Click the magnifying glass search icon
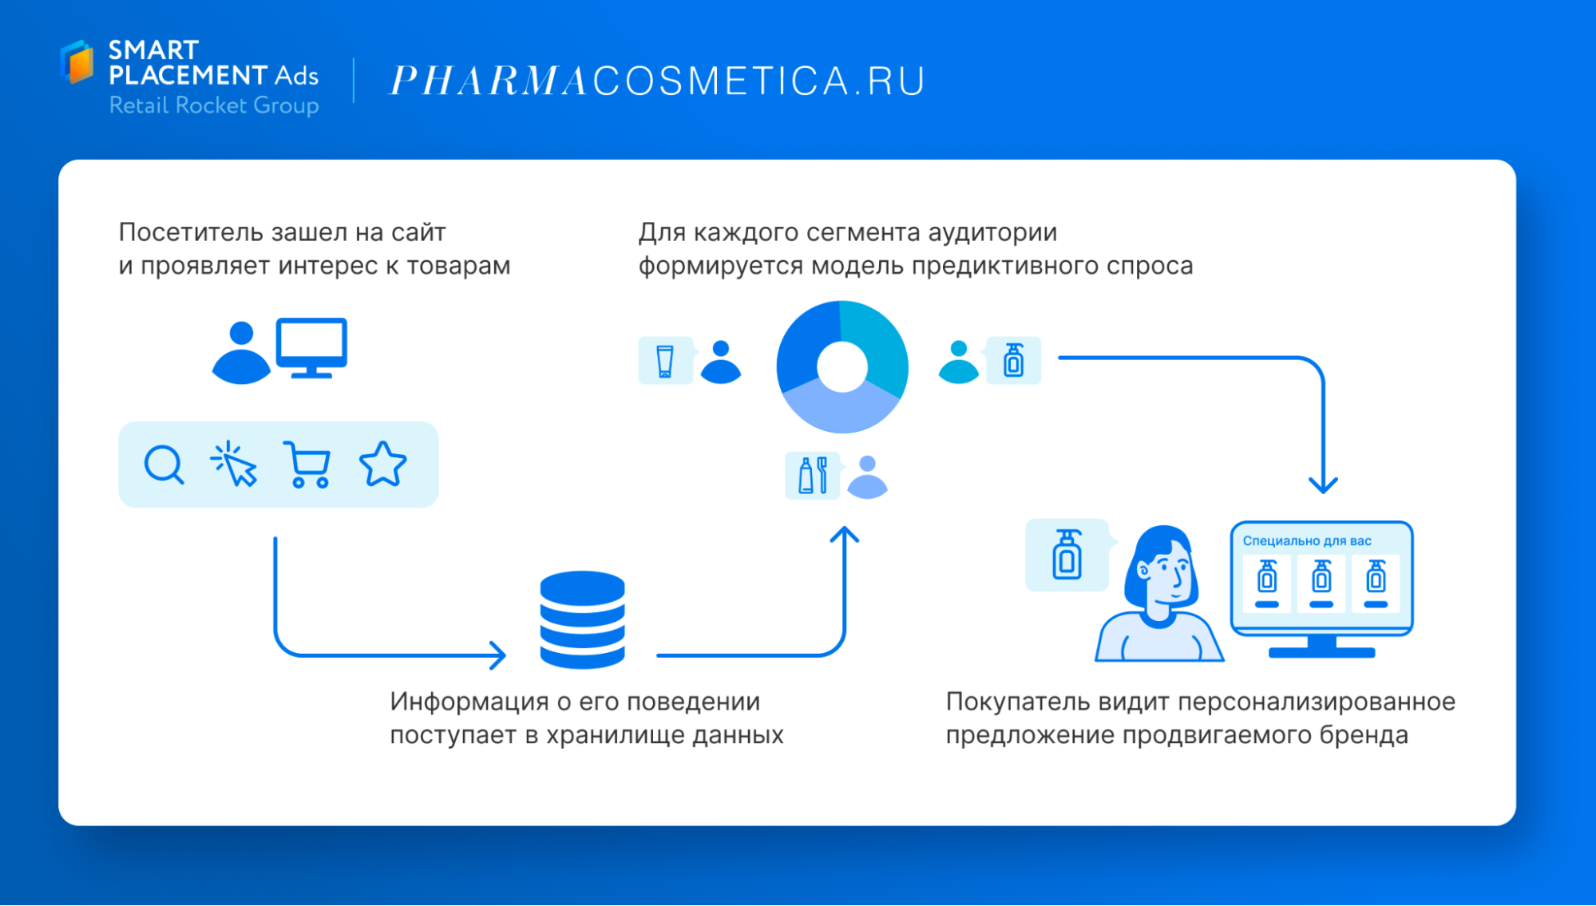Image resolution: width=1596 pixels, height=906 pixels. point(164,465)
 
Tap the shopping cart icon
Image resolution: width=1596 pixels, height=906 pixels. point(307,465)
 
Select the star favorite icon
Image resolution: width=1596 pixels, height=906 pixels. point(383,465)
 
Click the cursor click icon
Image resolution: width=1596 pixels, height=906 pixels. point(233,464)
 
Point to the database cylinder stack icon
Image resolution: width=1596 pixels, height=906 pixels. point(582,619)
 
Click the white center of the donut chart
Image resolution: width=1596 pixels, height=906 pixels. point(842,367)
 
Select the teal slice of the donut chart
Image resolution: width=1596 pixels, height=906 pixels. point(876,343)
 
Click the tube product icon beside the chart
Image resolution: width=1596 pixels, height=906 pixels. point(664,361)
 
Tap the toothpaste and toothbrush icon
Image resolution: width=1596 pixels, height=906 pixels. point(813,476)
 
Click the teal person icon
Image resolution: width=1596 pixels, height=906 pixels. point(959,362)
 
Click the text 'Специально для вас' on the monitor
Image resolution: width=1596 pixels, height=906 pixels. point(1307,541)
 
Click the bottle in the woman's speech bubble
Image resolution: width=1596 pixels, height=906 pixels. point(1067,554)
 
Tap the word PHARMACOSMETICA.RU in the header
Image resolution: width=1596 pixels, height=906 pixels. point(657,81)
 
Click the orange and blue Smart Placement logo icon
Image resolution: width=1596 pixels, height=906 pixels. point(77,61)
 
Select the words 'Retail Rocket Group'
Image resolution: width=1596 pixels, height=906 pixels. point(214,105)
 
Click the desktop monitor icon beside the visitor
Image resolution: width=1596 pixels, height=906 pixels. point(311,348)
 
